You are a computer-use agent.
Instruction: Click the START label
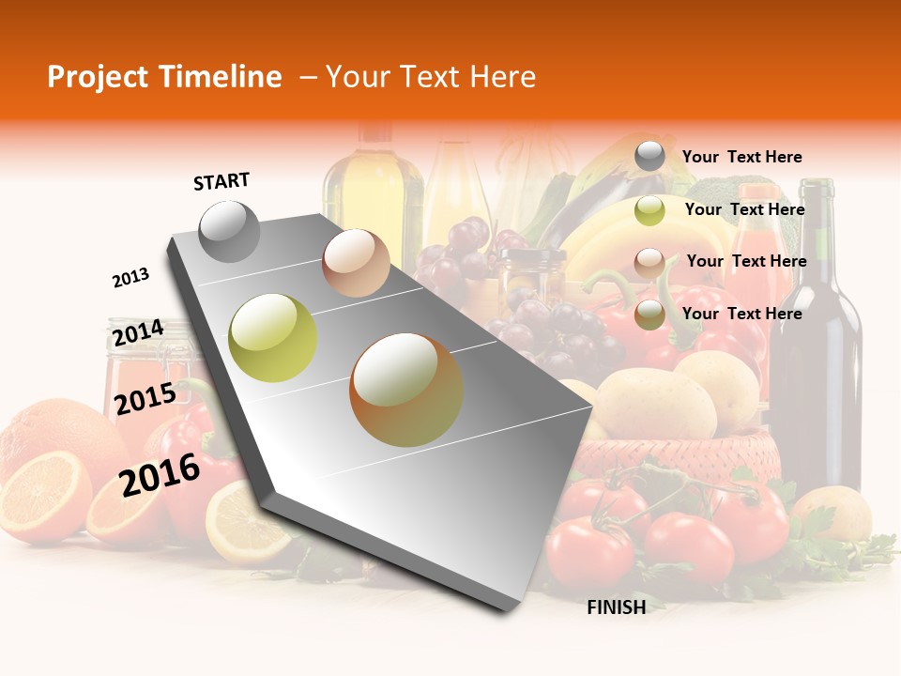pyautogui.click(x=221, y=181)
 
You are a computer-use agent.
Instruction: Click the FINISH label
pyautogui.click(x=616, y=607)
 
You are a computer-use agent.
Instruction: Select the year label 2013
pyautogui.click(x=130, y=278)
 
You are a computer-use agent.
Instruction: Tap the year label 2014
pyautogui.click(x=137, y=332)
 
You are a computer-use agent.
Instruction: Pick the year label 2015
pyautogui.click(x=145, y=399)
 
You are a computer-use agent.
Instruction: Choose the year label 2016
pyautogui.click(x=160, y=474)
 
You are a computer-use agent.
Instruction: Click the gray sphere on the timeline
pyautogui.click(x=229, y=231)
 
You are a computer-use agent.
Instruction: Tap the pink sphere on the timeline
pyautogui.click(x=356, y=263)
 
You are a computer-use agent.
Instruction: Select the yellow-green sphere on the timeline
pyautogui.click(x=273, y=338)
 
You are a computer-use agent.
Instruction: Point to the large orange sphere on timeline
pyautogui.click(x=405, y=389)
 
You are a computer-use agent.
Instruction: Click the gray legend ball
pyautogui.click(x=649, y=157)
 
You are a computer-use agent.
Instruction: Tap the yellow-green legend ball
pyautogui.click(x=649, y=210)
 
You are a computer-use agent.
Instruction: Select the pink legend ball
pyautogui.click(x=649, y=262)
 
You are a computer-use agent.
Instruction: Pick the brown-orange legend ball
pyautogui.click(x=649, y=315)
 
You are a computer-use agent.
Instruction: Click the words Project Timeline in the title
pyautogui.click(x=164, y=77)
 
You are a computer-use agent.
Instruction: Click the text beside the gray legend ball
pyautogui.click(x=741, y=158)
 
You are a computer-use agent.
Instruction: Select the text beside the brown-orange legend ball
pyautogui.click(x=741, y=314)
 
